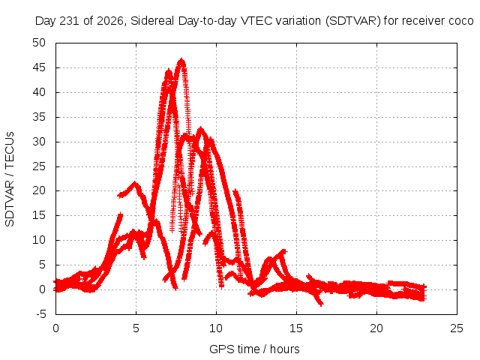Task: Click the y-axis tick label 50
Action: click(x=39, y=43)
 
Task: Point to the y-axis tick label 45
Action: click(x=39, y=67)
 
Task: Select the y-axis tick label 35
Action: click(x=39, y=117)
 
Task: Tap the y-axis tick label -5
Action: click(x=40, y=314)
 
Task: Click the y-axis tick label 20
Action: click(x=39, y=190)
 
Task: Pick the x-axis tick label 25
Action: click(x=457, y=328)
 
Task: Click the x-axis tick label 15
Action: click(x=296, y=328)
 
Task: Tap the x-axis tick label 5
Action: click(x=136, y=328)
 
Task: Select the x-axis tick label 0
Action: click(x=55, y=328)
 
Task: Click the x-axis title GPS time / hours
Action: click(x=254, y=349)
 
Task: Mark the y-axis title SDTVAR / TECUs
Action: click(x=10, y=179)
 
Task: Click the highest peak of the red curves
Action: click(x=181, y=59)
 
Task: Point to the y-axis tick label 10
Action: click(x=39, y=240)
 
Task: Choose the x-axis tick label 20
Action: click(x=376, y=328)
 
